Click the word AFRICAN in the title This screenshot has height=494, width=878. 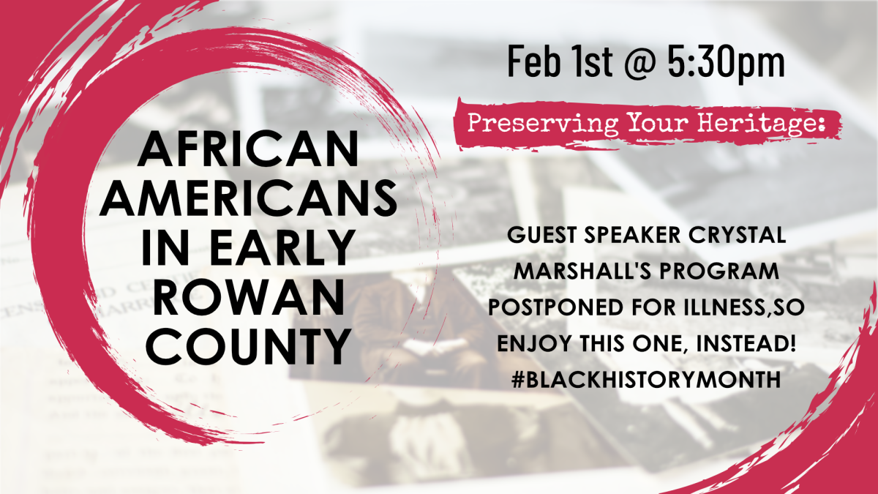pyautogui.click(x=248, y=149)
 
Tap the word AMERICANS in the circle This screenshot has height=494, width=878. pyautogui.click(x=248, y=198)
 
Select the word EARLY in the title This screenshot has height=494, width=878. pyautogui.click(x=283, y=247)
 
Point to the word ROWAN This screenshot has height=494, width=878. pyautogui.click(x=248, y=297)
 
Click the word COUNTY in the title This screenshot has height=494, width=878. pyautogui.click(x=249, y=345)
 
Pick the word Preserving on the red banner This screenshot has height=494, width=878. pyautogui.click(x=543, y=123)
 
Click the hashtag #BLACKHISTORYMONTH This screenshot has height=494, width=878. pyautogui.click(x=646, y=380)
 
